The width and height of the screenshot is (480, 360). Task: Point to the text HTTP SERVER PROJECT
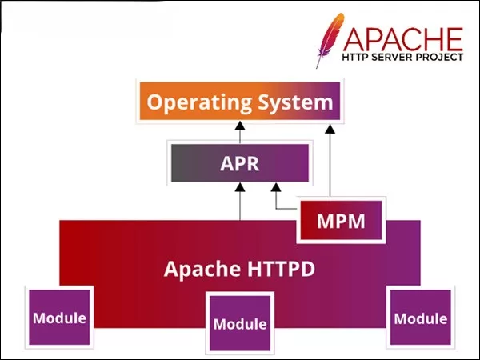coord(402,59)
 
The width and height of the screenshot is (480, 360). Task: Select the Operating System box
coord(240,102)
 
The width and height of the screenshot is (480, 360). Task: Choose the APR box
coord(240,163)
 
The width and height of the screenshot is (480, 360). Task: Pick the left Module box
coord(59,317)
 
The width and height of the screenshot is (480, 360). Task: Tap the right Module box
coord(420,317)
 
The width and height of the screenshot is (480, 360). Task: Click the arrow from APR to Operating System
coord(240,131)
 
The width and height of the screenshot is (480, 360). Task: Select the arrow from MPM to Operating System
coord(330,160)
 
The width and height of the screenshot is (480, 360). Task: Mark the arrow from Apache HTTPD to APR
coord(240,202)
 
